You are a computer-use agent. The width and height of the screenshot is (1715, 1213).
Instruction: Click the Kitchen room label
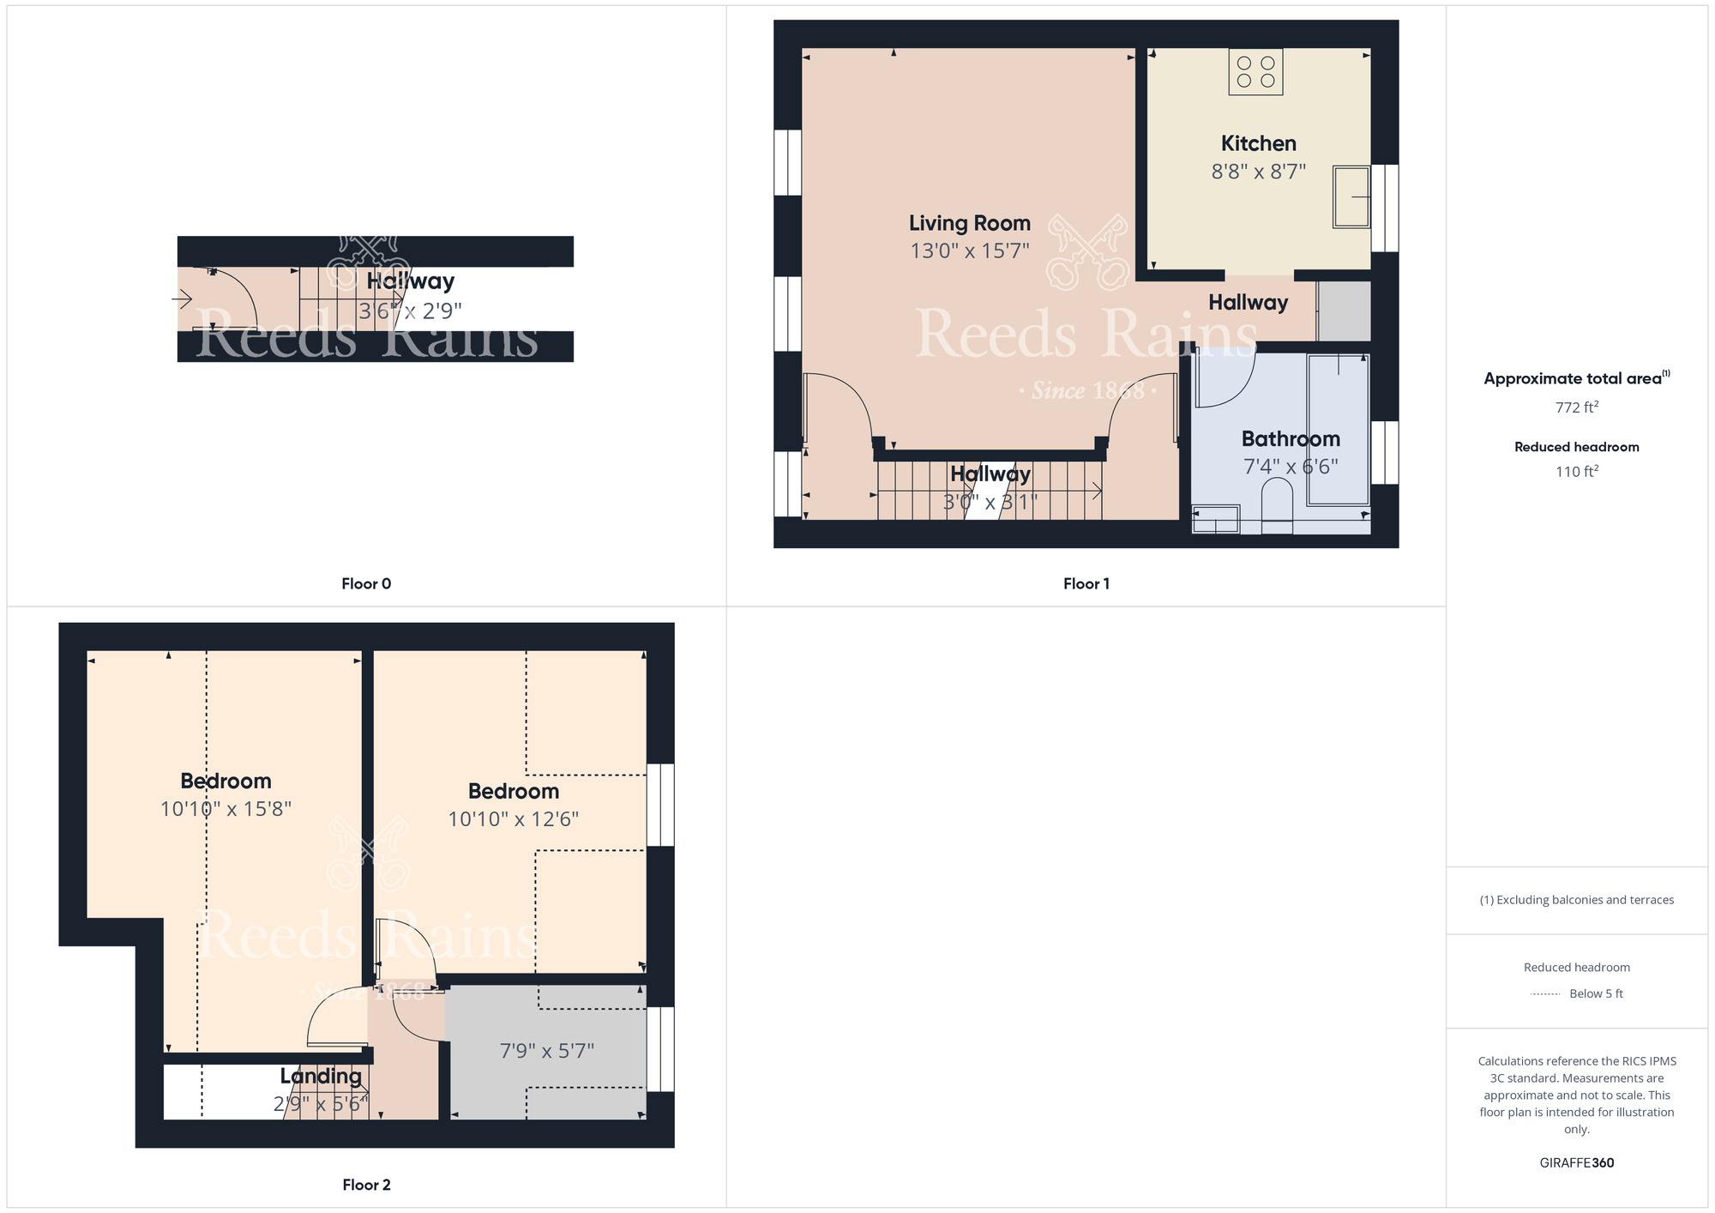(1258, 143)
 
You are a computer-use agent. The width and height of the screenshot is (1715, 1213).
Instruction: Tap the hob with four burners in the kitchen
(1255, 71)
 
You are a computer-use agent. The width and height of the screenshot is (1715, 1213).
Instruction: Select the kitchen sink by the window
(1351, 196)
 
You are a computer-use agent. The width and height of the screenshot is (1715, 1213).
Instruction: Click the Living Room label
(970, 223)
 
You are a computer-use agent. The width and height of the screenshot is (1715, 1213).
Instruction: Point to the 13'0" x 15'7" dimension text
(970, 250)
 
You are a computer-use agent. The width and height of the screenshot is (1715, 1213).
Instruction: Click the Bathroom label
(1291, 438)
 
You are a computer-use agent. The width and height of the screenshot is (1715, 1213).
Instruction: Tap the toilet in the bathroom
(1277, 505)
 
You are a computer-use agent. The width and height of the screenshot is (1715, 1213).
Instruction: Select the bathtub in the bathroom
(1337, 429)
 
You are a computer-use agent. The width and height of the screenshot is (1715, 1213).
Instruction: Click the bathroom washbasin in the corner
(1215, 519)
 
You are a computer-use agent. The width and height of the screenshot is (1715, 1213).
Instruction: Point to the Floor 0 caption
(366, 583)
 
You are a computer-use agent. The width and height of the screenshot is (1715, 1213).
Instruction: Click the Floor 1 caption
(1086, 583)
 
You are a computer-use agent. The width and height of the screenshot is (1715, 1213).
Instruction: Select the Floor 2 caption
(366, 1185)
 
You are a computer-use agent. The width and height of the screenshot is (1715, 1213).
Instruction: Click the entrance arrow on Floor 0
(182, 299)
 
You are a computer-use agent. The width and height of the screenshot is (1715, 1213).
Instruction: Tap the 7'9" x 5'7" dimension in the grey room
(547, 1051)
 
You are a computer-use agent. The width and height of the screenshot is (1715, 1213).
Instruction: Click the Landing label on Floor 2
(321, 1076)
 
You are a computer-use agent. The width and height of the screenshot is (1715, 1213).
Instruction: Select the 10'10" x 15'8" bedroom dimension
(226, 809)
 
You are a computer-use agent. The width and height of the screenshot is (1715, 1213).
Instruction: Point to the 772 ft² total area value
(1577, 407)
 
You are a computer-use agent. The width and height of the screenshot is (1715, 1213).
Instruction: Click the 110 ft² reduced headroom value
(1577, 471)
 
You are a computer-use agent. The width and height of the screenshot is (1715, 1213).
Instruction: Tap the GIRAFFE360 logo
(1577, 1163)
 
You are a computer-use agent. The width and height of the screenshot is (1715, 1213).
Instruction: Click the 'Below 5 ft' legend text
(1596, 993)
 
